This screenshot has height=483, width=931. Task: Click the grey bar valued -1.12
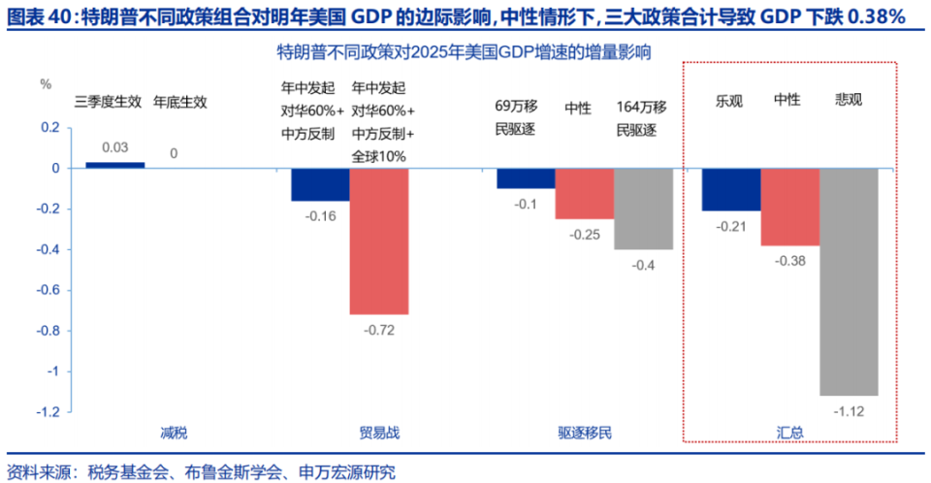(849, 281)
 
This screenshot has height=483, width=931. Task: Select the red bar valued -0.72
(378, 241)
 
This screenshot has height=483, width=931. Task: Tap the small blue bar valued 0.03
(114, 165)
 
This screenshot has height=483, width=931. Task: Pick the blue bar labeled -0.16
(320, 184)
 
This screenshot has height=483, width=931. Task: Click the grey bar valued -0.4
(643, 209)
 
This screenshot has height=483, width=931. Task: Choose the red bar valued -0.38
(789, 207)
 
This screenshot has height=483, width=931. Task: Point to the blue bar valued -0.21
(731, 189)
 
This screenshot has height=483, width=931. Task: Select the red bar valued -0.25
(584, 193)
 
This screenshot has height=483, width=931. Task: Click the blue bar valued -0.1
(526, 178)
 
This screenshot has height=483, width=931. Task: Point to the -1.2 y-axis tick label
(48, 411)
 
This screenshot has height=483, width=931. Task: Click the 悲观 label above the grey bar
(849, 100)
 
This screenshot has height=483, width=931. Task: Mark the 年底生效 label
(180, 100)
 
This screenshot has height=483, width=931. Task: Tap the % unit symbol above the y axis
(45, 83)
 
